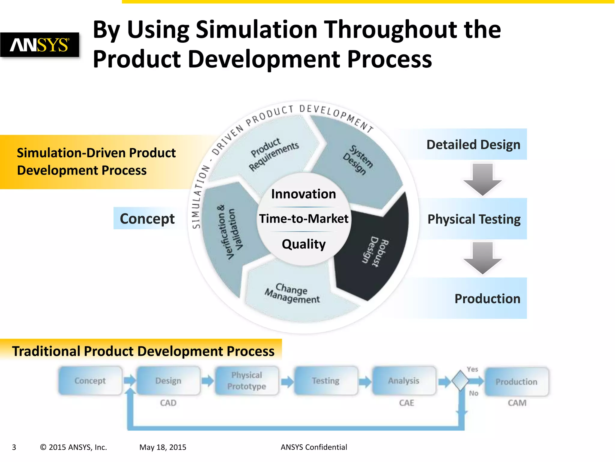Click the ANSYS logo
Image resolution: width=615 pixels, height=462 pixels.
coord(40,45)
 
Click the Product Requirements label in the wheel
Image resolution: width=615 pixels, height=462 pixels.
coord(273,155)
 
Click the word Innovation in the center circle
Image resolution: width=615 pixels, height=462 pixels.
coord(303,194)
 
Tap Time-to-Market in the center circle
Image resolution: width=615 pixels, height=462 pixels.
coord(303,219)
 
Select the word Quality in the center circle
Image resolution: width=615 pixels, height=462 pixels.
coord(303,244)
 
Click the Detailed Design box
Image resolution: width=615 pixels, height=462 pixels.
coord(473,145)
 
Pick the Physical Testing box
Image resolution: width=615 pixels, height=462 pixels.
coord(474,219)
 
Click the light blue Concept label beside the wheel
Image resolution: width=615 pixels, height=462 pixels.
coord(147,219)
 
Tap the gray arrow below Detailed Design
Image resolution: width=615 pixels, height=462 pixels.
coord(482,179)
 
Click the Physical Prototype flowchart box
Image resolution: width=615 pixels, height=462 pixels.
coord(247,380)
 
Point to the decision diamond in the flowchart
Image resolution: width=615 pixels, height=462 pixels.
coord(460,381)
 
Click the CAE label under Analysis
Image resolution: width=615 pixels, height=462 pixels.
coord(406,403)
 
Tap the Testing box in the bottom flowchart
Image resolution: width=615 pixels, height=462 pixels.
coord(326,380)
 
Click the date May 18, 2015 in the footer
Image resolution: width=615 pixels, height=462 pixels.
coord(163,447)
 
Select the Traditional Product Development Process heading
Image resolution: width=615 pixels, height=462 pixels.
coord(143,351)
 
